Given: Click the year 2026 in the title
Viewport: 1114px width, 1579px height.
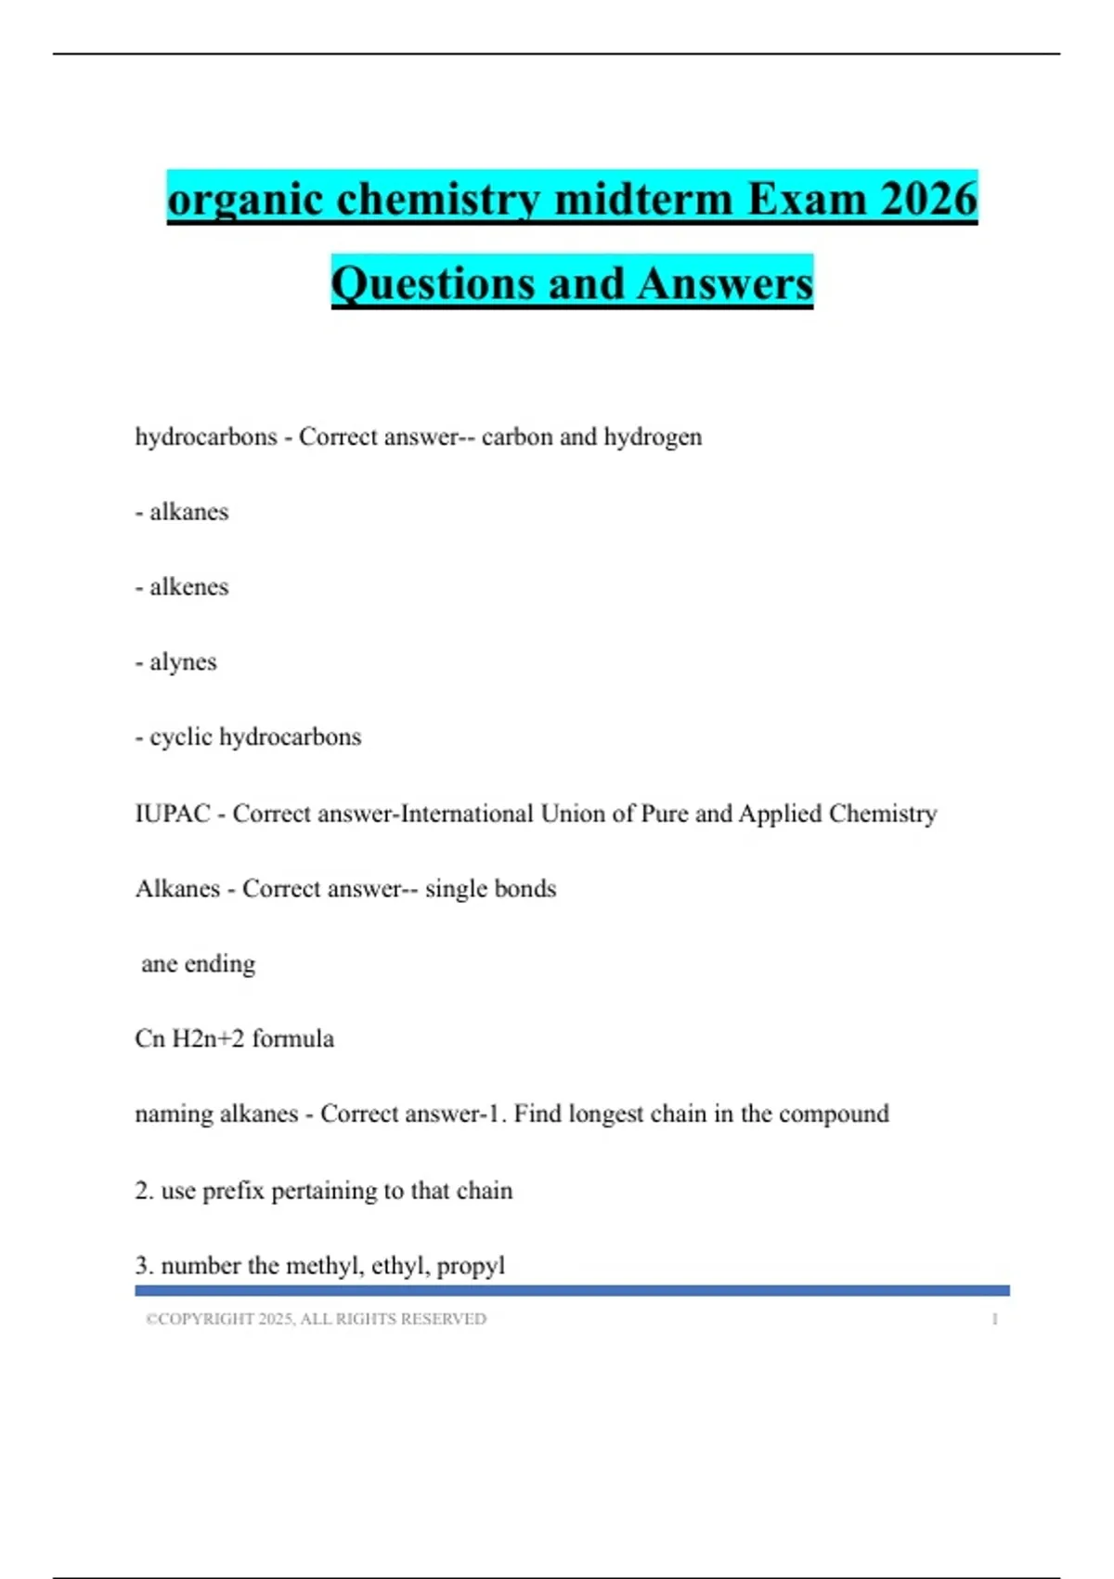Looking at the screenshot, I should (927, 199).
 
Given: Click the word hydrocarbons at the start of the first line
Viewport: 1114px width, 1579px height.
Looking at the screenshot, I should (206, 437).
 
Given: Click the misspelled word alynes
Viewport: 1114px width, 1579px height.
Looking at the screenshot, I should (183, 662).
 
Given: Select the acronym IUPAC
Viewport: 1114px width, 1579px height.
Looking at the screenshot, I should (173, 814).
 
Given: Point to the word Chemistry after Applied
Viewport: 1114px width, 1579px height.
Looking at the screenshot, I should (882, 814).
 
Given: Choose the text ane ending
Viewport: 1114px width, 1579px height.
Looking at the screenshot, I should (198, 964).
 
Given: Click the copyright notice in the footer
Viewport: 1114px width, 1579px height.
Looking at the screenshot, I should (316, 1319).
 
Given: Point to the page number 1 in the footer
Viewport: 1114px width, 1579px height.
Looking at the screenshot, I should (995, 1319).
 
